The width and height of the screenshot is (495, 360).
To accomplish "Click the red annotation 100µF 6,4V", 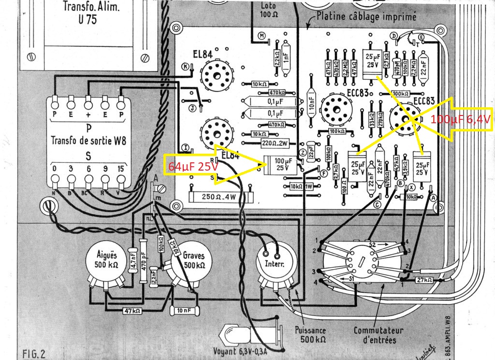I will [460, 119].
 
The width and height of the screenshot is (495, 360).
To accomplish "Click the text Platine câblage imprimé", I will [366, 16].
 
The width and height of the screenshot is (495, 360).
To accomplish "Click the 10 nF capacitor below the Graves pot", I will [184, 309].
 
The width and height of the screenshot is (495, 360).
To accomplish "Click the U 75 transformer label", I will [87, 13].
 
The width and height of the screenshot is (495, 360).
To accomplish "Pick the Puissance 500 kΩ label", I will [310, 335].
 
